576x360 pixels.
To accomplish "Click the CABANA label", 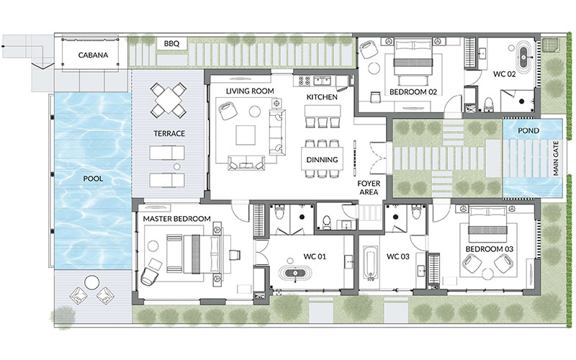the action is point(93,55).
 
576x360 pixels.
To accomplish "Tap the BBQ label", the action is point(171,44).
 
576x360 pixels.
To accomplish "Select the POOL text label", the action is point(93,179).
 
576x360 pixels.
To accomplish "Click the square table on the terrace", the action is point(168,99).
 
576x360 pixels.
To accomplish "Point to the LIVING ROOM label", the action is point(250,91).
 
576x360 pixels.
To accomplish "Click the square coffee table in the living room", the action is point(246,135).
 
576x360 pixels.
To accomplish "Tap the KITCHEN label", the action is point(322,97).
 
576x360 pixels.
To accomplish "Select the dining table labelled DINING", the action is point(322,158).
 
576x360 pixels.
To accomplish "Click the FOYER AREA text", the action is point(369,187).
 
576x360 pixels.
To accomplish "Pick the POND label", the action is point(528,131).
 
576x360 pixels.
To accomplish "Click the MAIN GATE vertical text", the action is point(555,158).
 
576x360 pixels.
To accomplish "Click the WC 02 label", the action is point(505,74).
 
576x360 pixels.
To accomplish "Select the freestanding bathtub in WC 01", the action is point(295,274).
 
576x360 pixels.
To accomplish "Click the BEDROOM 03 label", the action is point(490,249).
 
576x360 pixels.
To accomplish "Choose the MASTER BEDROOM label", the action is point(176,219).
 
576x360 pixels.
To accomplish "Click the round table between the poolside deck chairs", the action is point(92,283).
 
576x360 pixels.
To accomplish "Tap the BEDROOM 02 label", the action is point(413,92).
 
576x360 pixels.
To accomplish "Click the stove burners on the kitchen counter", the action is point(305,81).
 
